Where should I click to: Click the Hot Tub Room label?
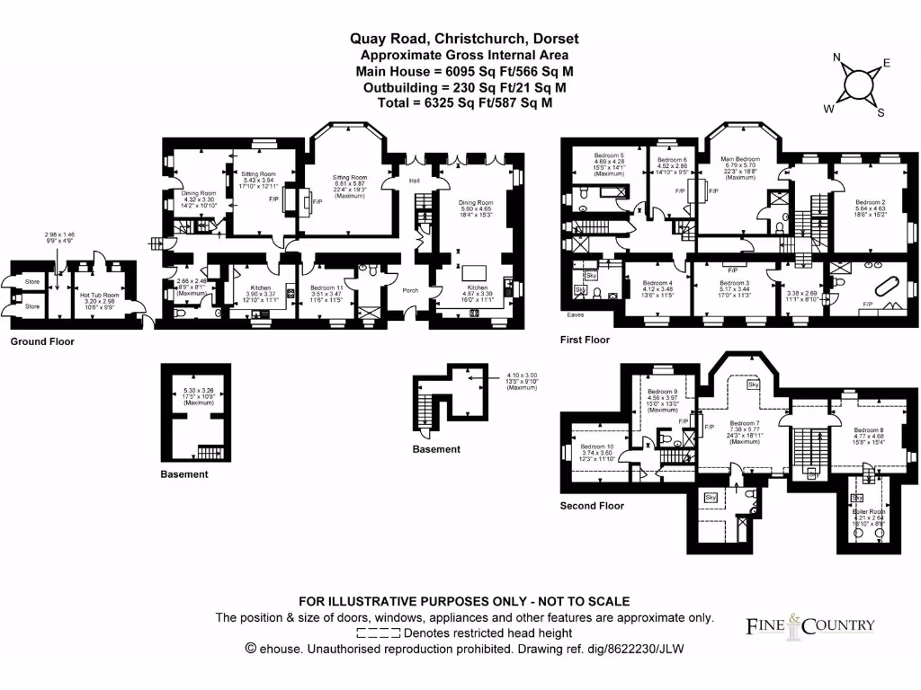(100, 295)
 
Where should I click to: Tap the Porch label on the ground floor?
(410, 290)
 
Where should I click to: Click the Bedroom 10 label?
(597, 447)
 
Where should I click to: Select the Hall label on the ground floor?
(415, 181)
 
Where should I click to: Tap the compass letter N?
(836, 59)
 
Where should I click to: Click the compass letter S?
(881, 112)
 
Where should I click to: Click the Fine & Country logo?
(809, 625)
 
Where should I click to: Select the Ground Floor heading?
(42, 342)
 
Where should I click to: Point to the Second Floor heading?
(592, 506)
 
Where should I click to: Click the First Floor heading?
(585, 341)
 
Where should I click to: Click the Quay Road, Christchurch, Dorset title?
(464, 39)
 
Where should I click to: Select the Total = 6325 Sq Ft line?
(464, 103)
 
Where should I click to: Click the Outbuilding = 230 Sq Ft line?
(464, 87)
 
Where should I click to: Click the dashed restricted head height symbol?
(378, 633)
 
